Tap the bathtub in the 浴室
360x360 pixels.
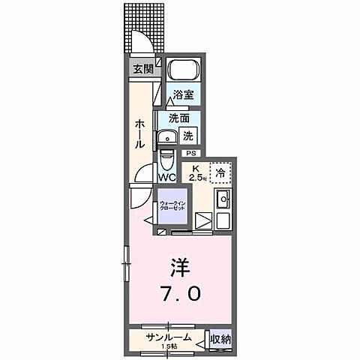181,72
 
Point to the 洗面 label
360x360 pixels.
178,118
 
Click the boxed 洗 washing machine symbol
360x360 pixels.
189,136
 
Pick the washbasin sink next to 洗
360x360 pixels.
166,137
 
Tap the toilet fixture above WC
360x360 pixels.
166,160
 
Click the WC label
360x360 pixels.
166,178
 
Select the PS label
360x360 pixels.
190,153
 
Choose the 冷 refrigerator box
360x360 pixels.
219,172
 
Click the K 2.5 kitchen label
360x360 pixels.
196,173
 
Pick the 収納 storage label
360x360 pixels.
220,339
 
